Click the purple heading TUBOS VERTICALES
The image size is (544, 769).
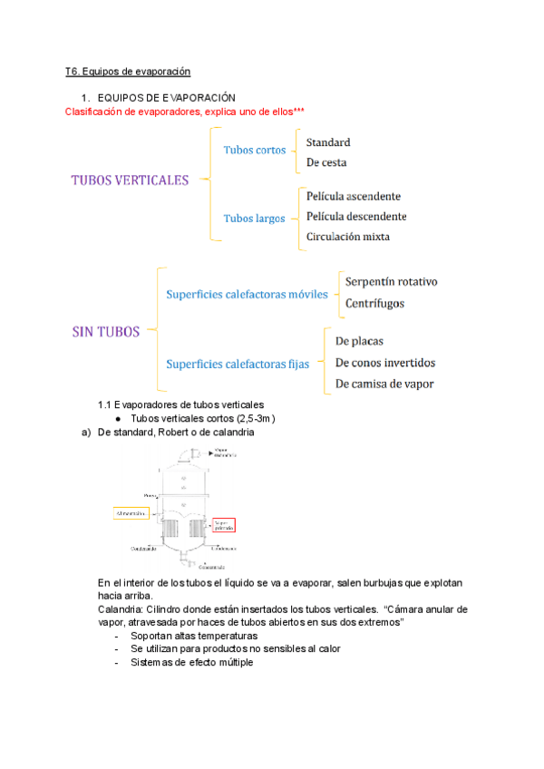click(130, 180)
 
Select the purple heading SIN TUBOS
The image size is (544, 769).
click(105, 331)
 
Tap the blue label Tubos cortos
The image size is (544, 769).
click(254, 150)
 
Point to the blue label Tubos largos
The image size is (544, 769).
click(254, 218)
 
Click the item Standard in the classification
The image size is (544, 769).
click(328, 142)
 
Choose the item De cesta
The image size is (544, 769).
click(326, 162)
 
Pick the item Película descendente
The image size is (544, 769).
click(356, 216)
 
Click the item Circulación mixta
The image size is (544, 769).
click(348, 237)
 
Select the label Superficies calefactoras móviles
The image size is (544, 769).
click(240, 295)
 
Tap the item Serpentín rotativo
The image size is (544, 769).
click(391, 282)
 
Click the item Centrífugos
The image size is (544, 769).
click(374, 303)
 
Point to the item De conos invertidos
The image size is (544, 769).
click(385, 363)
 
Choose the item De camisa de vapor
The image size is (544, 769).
click(384, 384)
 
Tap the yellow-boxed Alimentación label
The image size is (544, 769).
click(131, 513)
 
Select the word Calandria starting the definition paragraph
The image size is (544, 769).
click(119, 609)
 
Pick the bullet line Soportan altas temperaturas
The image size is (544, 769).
click(188, 637)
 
